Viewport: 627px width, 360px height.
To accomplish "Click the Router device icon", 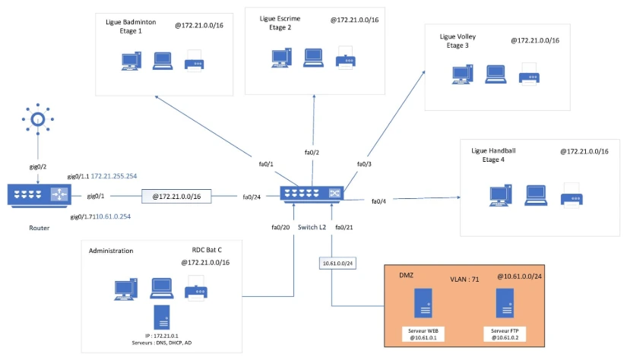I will pyautogui.click(x=39, y=196).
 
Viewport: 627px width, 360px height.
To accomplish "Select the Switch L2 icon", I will pyautogui.click(x=312, y=194).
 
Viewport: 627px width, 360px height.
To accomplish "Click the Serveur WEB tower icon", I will pyautogui.click(x=423, y=303).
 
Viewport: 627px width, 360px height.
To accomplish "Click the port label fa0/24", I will pyautogui.click(x=253, y=197).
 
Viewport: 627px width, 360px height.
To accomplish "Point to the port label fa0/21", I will pyautogui.click(x=344, y=227).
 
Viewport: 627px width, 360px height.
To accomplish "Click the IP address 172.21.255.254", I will pyautogui.click(x=115, y=176).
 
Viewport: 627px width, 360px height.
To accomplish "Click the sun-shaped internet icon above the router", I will pyautogui.click(x=37, y=118).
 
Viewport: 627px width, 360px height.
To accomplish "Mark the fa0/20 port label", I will pyautogui.click(x=281, y=227).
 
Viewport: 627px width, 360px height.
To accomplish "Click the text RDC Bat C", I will pyautogui.click(x=207, y=249).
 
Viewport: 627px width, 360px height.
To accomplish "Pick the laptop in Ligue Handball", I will pyautogui.click(x=537, y=196).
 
